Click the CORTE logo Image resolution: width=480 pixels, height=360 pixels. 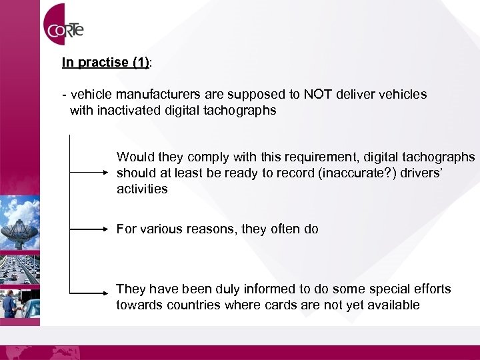(x=64, y=28)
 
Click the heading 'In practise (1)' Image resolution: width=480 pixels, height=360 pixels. (x=106, y=63)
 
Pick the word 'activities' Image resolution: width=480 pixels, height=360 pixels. (x=142, y=189)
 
